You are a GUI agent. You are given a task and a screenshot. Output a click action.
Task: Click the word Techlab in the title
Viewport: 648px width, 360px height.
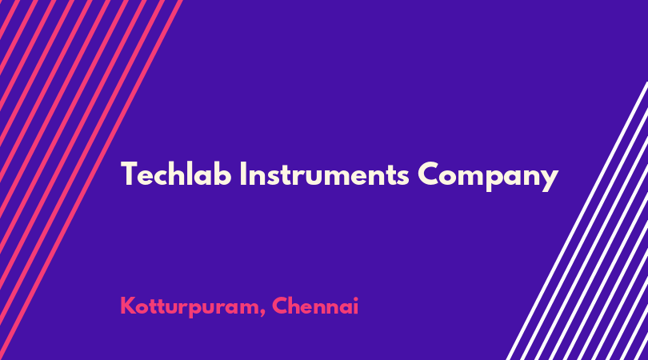pyautogui.click(x=176, y=174)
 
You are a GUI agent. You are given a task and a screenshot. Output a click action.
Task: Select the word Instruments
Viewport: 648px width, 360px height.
pyautogui.click(x=325, y=174)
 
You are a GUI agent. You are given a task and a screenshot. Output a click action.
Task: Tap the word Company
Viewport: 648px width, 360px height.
pyautogui.click(x=488, y=177)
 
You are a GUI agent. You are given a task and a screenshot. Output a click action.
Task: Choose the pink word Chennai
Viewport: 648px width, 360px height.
pyautogui.click(x=315, y=306)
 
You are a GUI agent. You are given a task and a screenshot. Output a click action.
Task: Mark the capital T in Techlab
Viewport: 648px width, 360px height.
pyautogui.click(x=129, y=174)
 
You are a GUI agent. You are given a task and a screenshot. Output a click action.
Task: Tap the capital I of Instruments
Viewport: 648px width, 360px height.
pyautogui.click(x=242, y=174)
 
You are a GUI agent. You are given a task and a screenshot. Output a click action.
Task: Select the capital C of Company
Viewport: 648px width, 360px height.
pyautogui.click(x=428, y=174)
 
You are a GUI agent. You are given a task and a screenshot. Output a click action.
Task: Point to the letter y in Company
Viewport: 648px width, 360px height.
pyautogui.click(x=550, y=181)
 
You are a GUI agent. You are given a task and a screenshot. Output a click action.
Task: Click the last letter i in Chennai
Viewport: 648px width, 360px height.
pyautogui.click(x=355, y=306)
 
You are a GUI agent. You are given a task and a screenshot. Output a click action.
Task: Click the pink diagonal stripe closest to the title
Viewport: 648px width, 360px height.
pyautogui.click(x=91, y=180)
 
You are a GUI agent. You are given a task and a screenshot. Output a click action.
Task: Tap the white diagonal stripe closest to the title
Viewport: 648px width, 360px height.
pyautogui.click(x=577, y=221)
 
